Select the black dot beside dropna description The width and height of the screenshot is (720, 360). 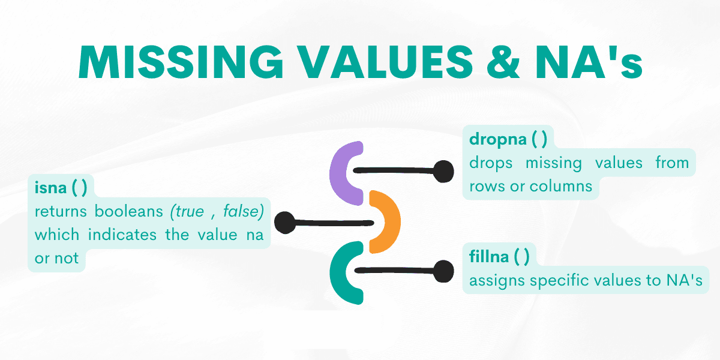(x=443, y=172)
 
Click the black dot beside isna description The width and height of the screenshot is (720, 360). (x=286, y=223)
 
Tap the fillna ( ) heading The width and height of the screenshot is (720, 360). (x=499, y=257)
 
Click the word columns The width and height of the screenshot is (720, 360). (x=561, y=186)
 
